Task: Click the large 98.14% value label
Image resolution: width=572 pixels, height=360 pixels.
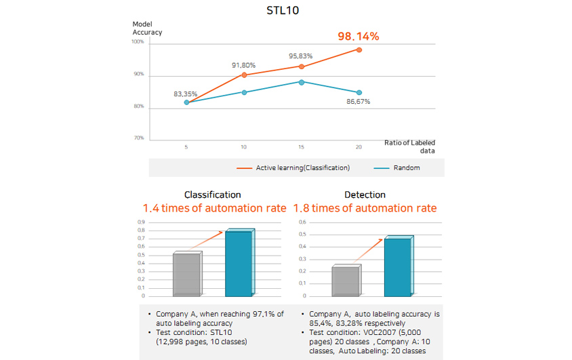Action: point(358,36)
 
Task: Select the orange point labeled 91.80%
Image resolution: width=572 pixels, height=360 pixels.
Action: point(244,75)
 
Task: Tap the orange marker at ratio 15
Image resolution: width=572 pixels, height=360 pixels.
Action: point(302,66)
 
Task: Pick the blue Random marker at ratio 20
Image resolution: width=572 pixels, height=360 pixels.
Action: point(359,92)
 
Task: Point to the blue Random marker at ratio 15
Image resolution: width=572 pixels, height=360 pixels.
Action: point(302,82)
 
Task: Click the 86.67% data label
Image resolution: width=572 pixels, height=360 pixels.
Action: point(358,102)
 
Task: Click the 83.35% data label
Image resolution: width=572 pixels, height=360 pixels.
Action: point(186,94)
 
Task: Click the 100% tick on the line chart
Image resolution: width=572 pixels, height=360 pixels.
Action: point(138,42)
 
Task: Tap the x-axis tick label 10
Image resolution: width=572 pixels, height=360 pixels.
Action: point(243,146)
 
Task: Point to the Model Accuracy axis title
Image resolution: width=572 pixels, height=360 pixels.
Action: point(147,28)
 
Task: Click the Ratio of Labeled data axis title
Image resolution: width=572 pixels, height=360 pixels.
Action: point(409,146)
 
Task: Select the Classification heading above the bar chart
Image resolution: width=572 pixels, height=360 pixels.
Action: point(212,195)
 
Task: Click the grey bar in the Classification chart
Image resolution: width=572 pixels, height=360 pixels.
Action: point(186,274)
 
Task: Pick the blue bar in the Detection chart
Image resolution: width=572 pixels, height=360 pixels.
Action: point(397,266)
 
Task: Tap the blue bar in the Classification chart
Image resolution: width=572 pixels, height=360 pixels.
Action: point(238,263)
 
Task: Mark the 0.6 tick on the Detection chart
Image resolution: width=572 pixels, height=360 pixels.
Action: point(303,222)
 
